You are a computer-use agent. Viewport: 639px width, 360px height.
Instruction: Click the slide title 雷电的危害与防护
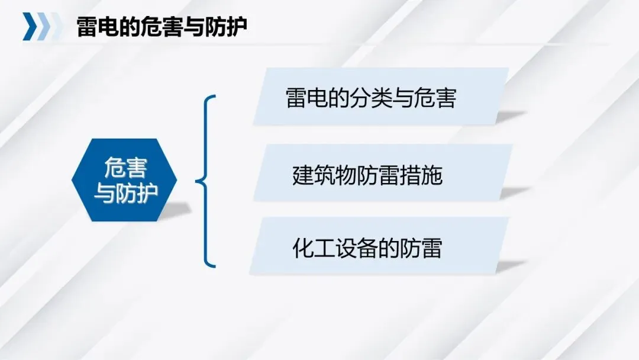point(162,27)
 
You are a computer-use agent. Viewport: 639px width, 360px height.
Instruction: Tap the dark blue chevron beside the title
point(30,27)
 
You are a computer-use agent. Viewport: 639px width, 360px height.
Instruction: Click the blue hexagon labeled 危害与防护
point(124,180)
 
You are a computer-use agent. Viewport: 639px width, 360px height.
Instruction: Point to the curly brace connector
point(206,181)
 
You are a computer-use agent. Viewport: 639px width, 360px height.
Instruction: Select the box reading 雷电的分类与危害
point(381,97)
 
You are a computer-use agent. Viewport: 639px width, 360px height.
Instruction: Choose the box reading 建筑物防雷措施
point(383,172)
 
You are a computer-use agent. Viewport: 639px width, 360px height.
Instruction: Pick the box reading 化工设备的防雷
point(379,246)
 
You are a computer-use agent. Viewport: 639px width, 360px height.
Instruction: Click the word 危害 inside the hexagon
point(125,168)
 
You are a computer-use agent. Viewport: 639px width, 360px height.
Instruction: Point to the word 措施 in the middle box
point(421,175)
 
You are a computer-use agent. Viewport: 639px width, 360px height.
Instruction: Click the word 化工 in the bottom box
point(314,248)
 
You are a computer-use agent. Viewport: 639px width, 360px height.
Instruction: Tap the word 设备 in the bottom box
point(356,248)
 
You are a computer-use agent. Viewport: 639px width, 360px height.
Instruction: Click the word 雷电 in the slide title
point(98,27)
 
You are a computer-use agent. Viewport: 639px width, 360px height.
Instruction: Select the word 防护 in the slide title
point(226,27)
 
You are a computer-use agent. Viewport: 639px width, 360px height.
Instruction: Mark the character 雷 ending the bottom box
point(431,248)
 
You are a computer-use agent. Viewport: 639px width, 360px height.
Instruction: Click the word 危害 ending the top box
point(435,98)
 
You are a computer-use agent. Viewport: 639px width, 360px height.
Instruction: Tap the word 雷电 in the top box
point(306,98)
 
